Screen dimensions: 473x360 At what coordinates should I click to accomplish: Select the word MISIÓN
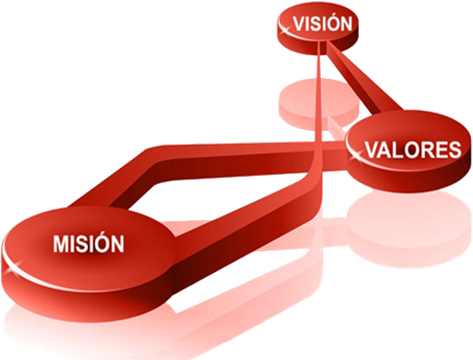click(x=87, y=243)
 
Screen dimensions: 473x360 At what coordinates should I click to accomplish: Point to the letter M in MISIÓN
click(x=60, y=243)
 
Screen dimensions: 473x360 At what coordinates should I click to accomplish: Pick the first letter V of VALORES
click(x=372, y=150)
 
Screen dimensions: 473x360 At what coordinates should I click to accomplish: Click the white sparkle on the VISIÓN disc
click(x=286, y=31)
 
